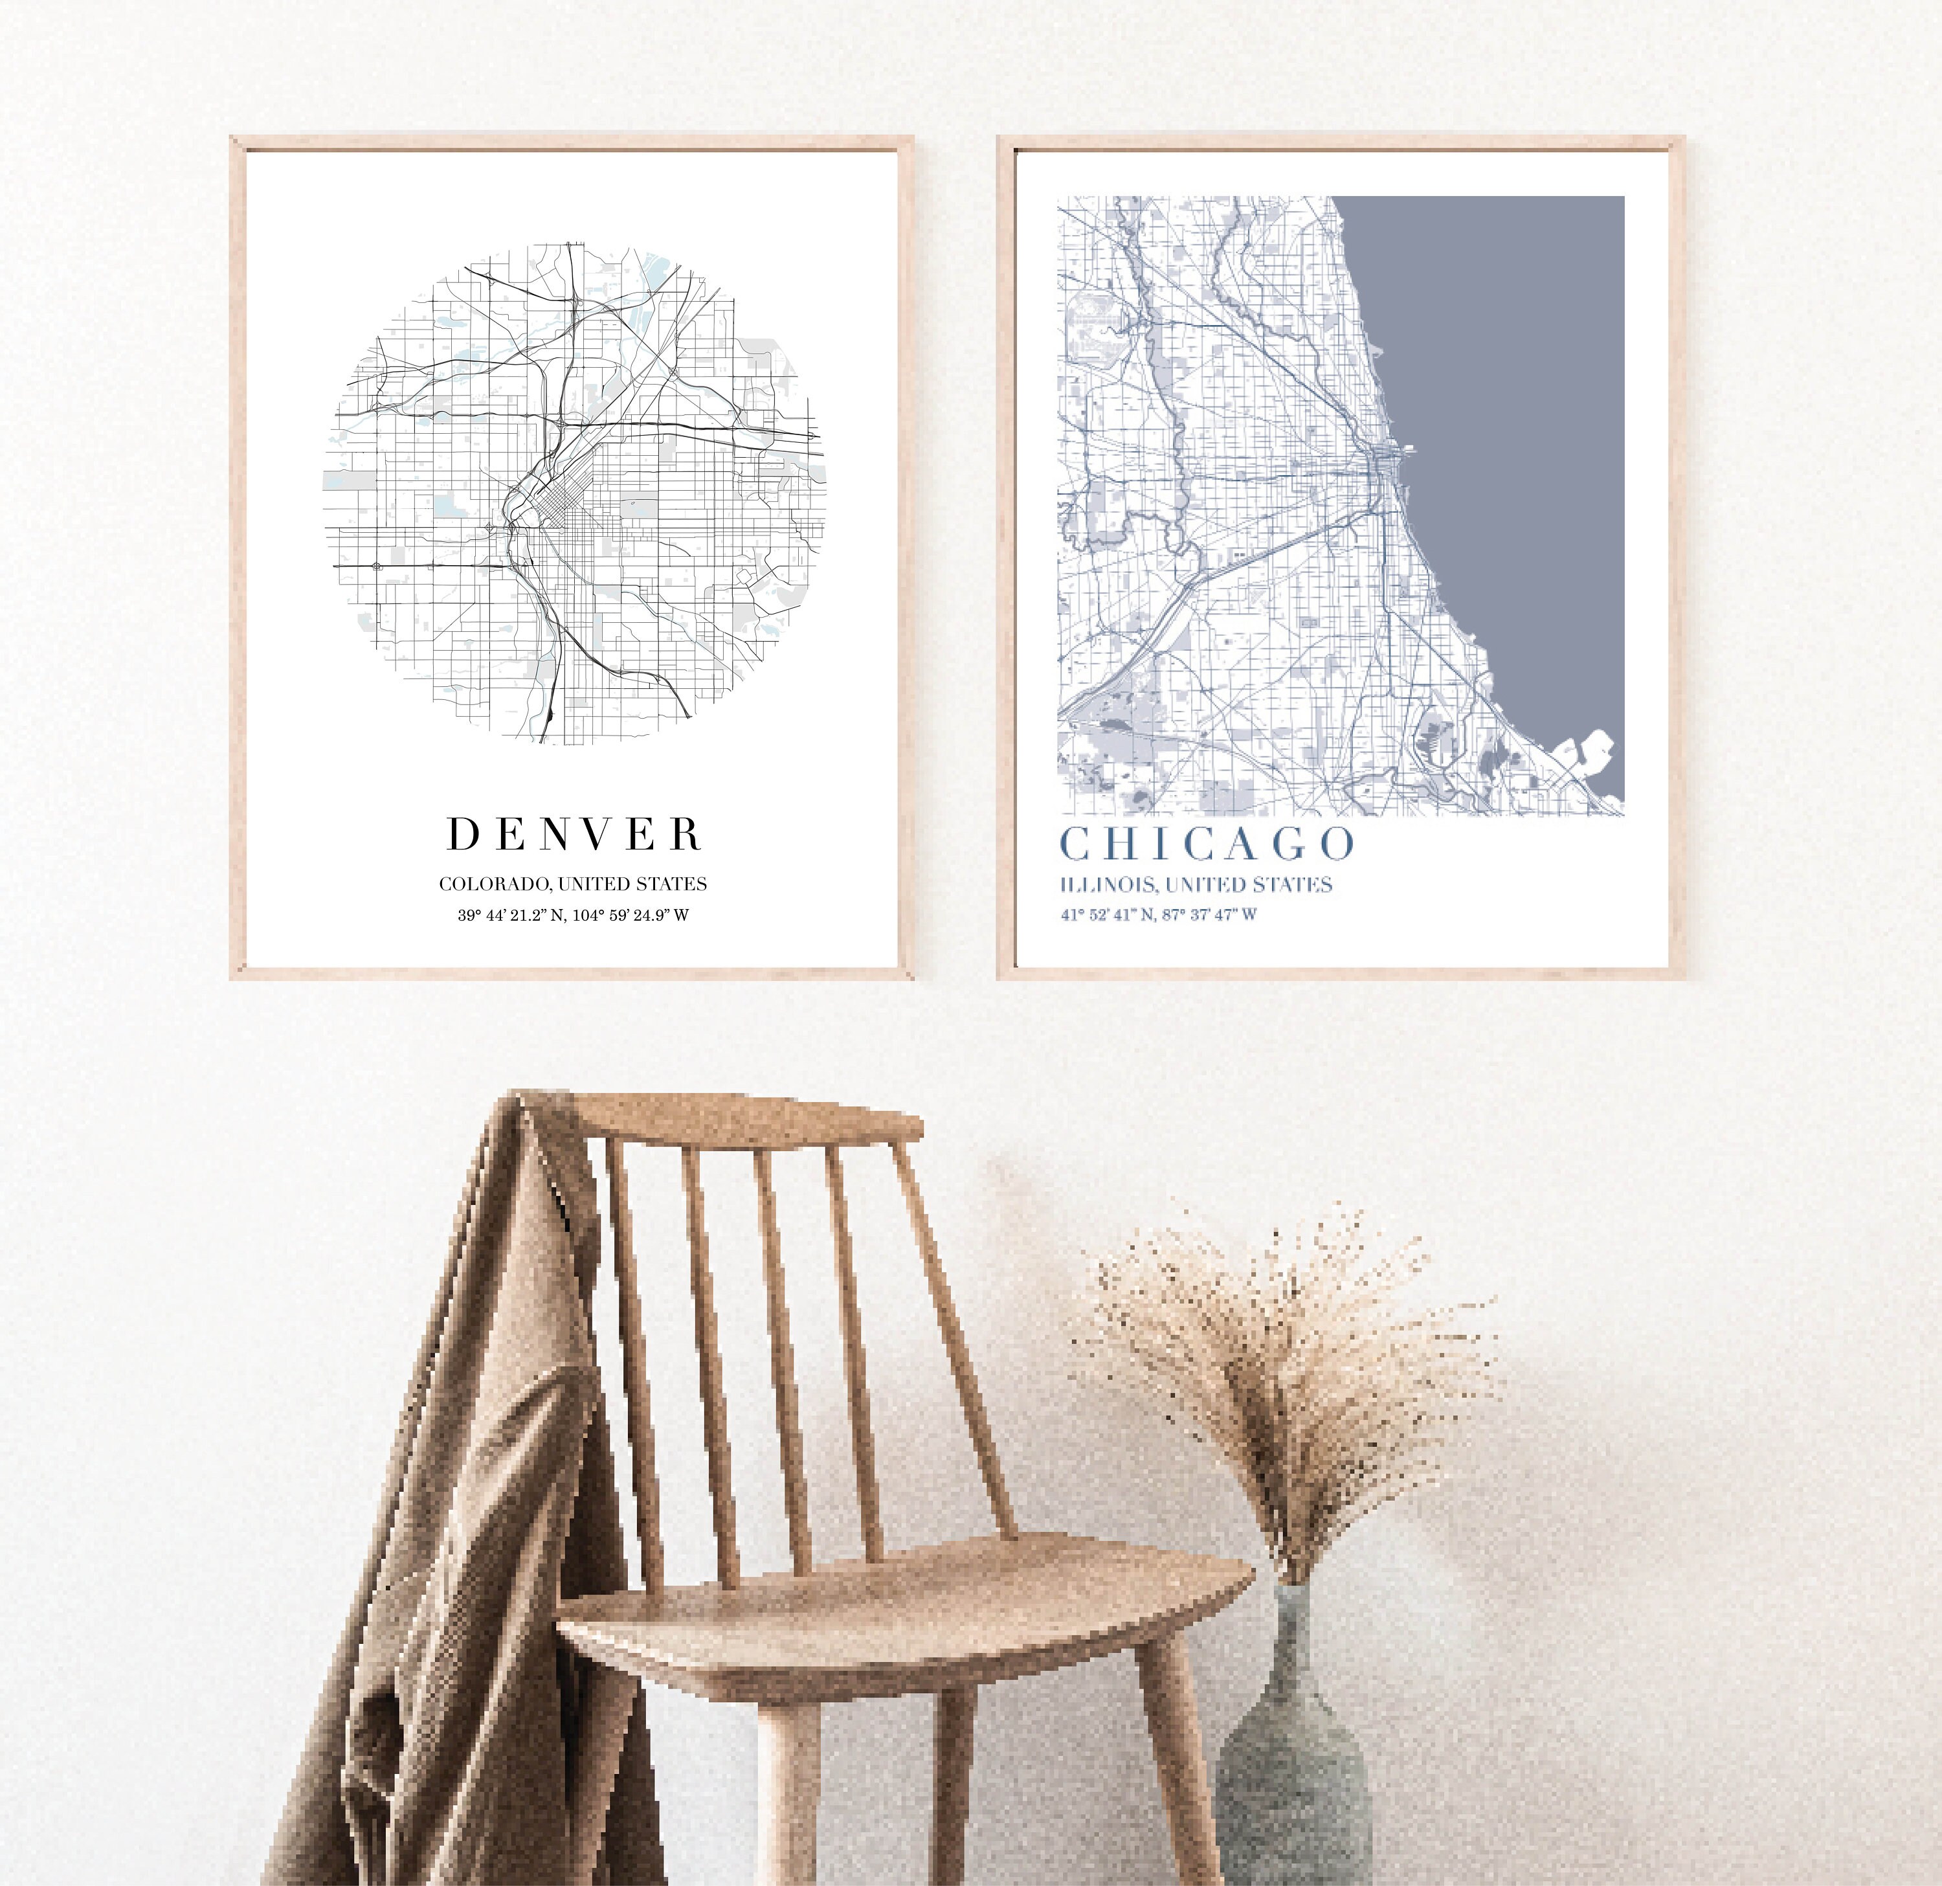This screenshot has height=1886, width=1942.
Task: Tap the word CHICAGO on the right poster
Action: click(x=1207, y=844)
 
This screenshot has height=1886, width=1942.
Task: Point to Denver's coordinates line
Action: click(x=573, y=915)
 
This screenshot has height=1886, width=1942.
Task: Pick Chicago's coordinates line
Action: click(x=1158, y=914)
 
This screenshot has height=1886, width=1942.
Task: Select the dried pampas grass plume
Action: click(x=1288, y=1387)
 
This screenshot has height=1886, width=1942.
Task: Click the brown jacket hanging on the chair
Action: click(x=476, y=1536)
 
